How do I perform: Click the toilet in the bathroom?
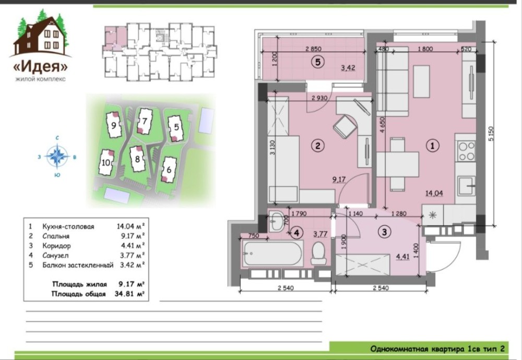coord(318,253)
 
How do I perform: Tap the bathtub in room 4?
coord(273,254)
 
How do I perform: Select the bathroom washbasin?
coord(277,221)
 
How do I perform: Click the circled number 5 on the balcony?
coord(317,62)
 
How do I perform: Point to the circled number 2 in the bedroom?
coord(317,146)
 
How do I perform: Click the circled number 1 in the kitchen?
coord(432,145)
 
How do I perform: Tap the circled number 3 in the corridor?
coord(385,232)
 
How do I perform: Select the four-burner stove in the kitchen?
coord(466,151)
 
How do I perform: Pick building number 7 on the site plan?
coord(144,121)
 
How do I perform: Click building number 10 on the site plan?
coord(106,163)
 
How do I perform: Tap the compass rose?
coord(57,156)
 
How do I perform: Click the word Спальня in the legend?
coord(56,236)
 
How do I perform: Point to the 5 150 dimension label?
coord(490,134)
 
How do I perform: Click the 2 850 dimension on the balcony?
coord(313,49)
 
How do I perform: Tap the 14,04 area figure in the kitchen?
coord(434,193)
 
